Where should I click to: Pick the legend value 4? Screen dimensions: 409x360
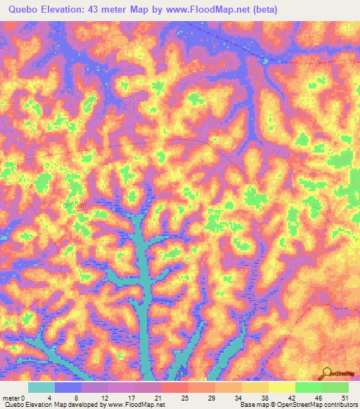tap(55, 397)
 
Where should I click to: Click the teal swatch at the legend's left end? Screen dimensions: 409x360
tap(41, 387)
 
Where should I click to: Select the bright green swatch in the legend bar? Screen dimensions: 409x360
tap(309, 387)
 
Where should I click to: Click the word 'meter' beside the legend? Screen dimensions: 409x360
tap(10, 397)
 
